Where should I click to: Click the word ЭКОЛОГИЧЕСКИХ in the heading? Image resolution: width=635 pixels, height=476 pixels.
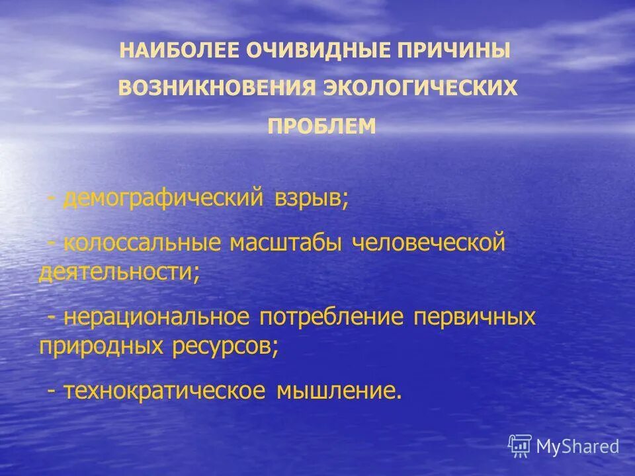420,89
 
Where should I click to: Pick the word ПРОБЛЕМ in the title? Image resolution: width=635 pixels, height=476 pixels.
321,126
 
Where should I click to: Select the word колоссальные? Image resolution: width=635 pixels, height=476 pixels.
142,243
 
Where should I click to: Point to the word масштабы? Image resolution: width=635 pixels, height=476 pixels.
286,243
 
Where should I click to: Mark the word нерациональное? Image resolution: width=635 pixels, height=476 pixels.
157,317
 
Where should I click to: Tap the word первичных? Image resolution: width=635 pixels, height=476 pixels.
474,317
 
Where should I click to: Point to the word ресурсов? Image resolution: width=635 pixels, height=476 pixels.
226,346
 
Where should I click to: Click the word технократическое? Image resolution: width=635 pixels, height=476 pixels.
165,390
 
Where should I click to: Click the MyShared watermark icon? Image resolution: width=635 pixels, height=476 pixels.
521,446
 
